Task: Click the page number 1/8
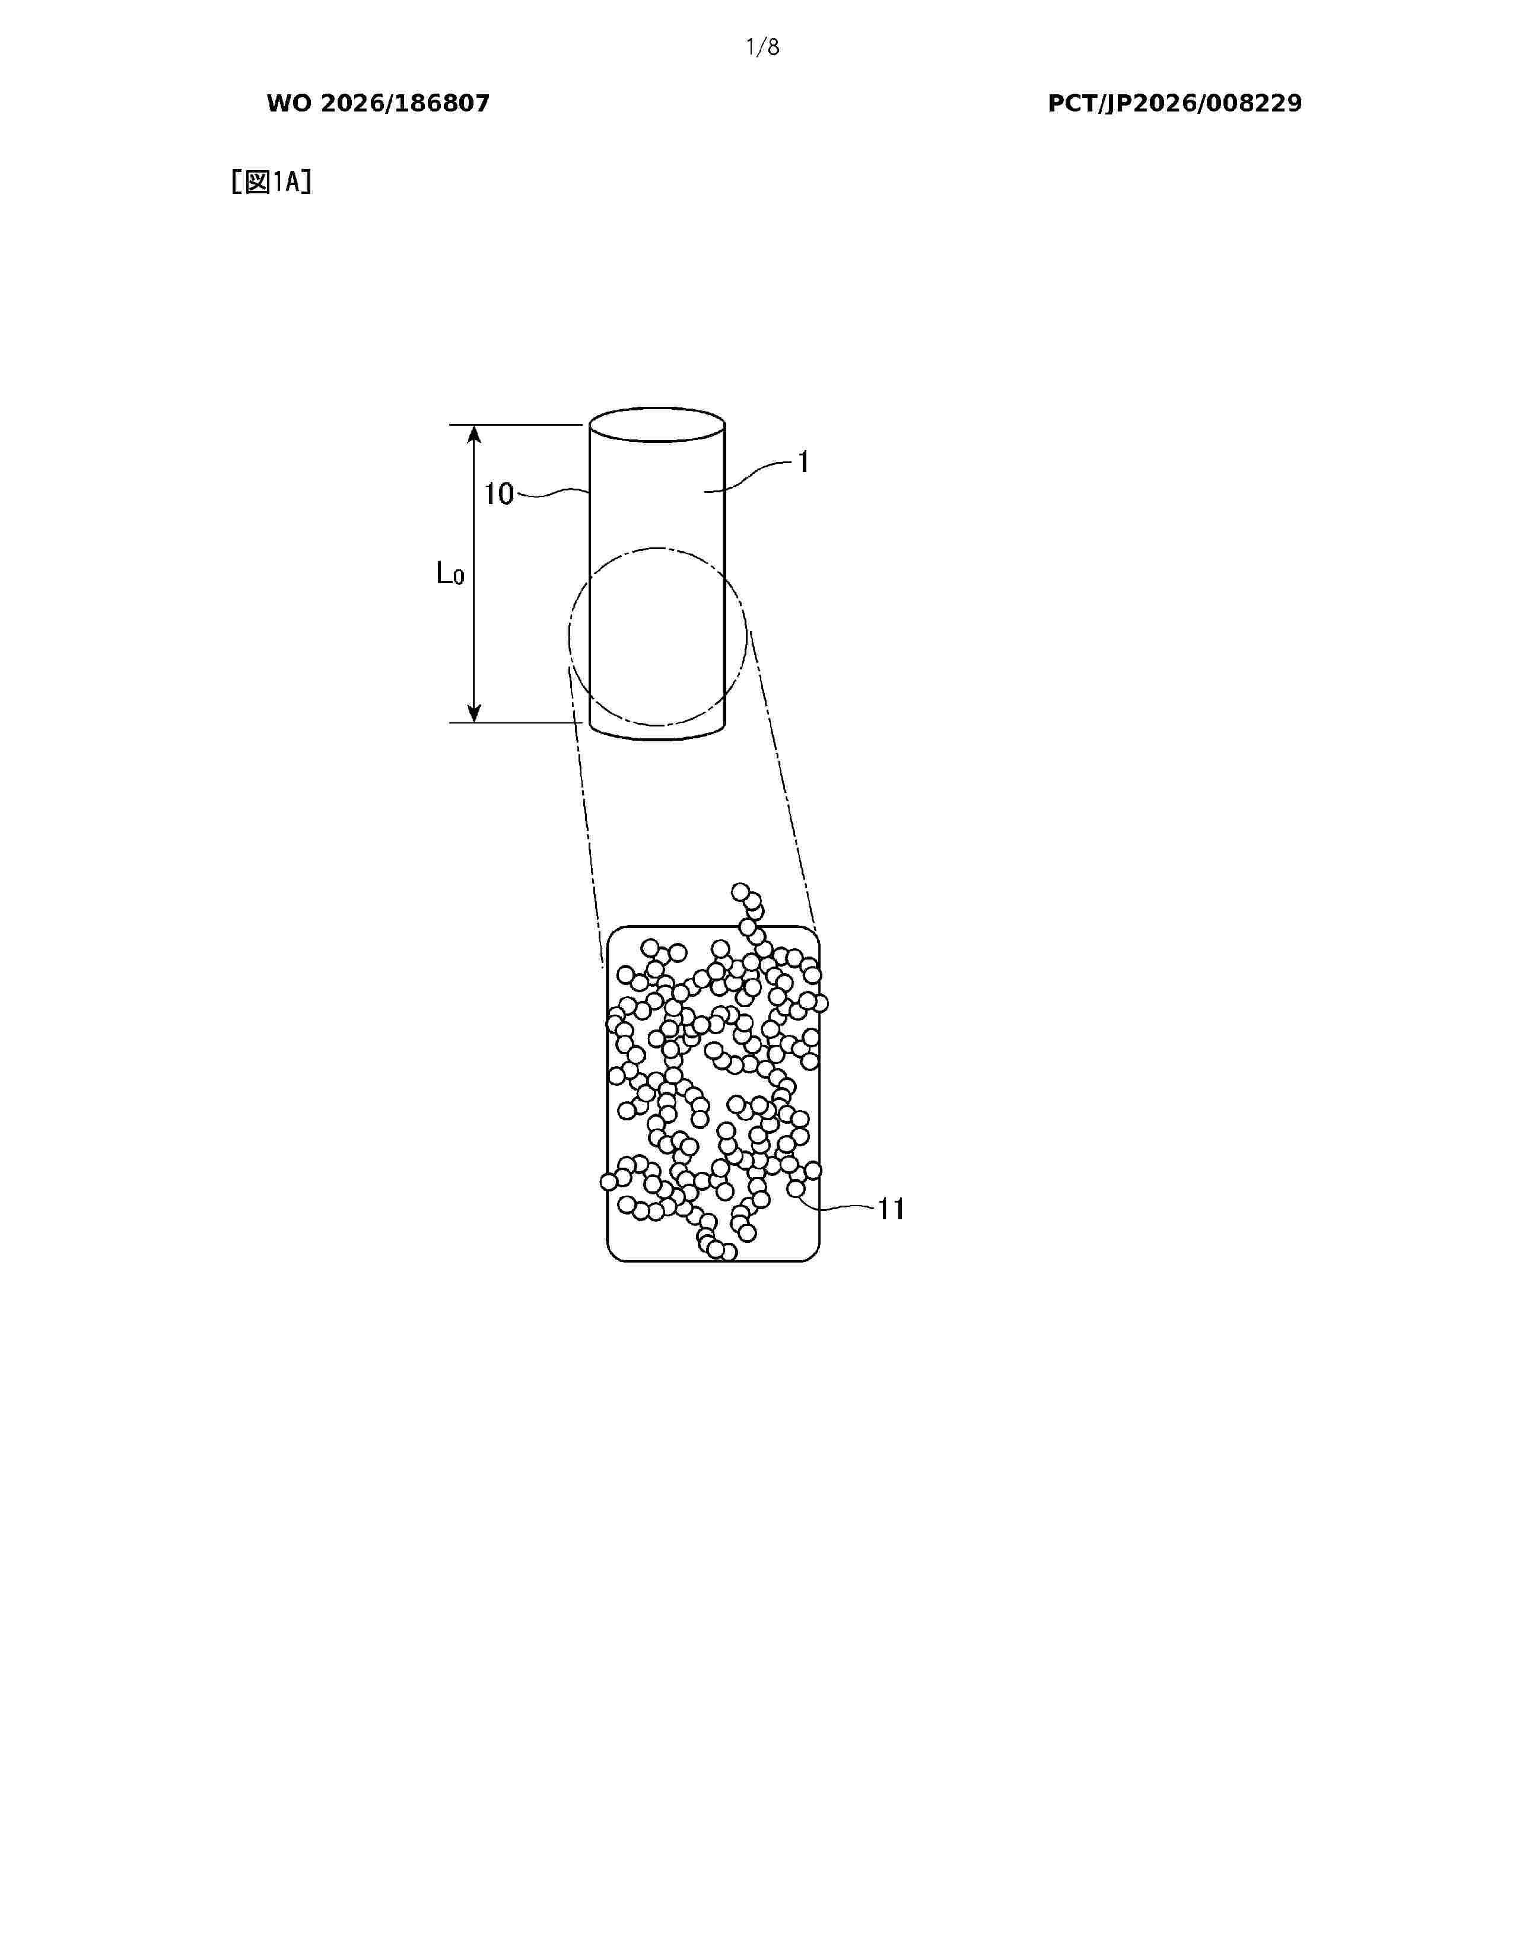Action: (763, 47)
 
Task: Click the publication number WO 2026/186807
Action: (379, 104)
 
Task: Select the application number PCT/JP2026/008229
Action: (1175, 104)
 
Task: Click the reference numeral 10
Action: (499, 494)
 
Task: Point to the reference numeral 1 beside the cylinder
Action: (803, 463)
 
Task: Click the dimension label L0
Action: (450, 573)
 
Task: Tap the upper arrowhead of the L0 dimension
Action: (474, 435)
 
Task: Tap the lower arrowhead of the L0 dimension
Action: (474, 712)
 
